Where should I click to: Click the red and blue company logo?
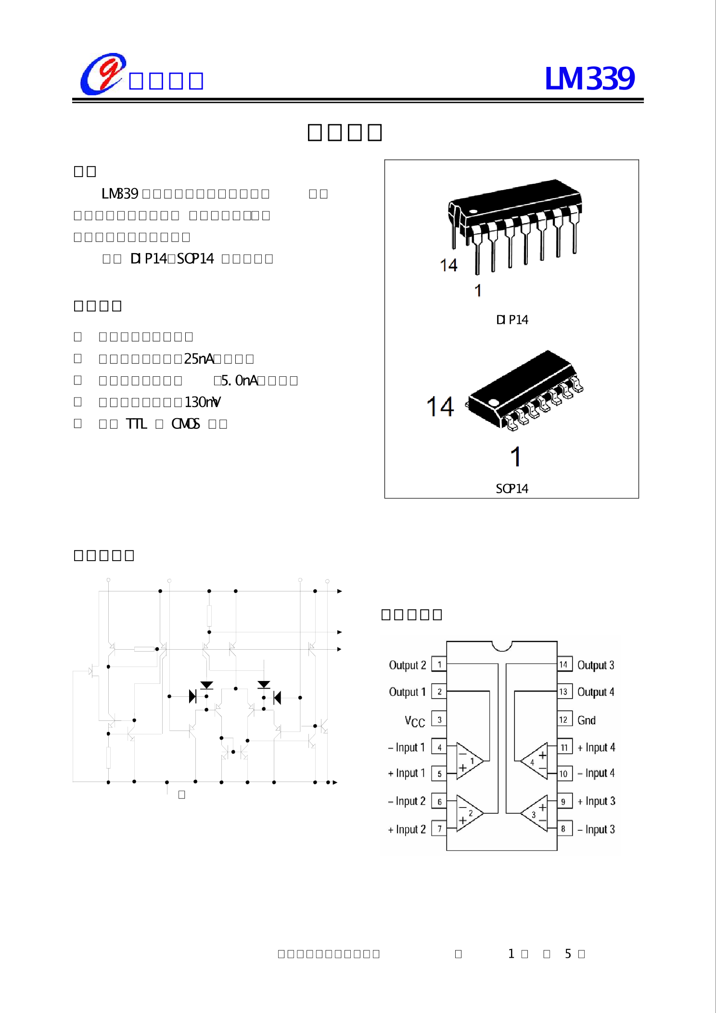pyautogui.click(x=102, y=74)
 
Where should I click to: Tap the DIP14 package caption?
pyautogui.click(x=512, y=320)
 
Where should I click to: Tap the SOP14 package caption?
pyautogui.click(x=512, y=489)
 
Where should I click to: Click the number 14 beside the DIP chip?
pyautogui.click(x=448, y=265)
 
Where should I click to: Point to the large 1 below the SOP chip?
pyautogui.click(x=515, y=457)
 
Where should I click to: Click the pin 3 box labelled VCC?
pyautogui.click(x=439, y=719)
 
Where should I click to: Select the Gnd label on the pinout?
pyautogui.click(x=587, y=720)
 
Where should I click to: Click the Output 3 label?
pyautogui.click(x=596, y=665)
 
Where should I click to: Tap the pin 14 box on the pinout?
pyautogui.click(x=564, y=665)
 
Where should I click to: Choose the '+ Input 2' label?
pyautogui.click(x=407, y=829)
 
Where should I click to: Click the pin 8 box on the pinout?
pyautogui.click(x=563, y=829)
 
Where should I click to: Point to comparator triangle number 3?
pyautogui.click(x=535, y=813)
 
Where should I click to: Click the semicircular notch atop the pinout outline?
pyautogui.click(x=502, y=645)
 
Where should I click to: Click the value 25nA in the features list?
pyautogui.click(x=199, y=359)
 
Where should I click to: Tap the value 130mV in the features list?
pyautogui.click(x=203, y=402)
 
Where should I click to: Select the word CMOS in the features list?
pyautogui.click(x=185, y=424)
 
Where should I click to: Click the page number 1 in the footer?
pyautogui.click(x=511, y=954)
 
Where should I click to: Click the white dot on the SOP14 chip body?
pyautogui.click(x=494, y=402)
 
